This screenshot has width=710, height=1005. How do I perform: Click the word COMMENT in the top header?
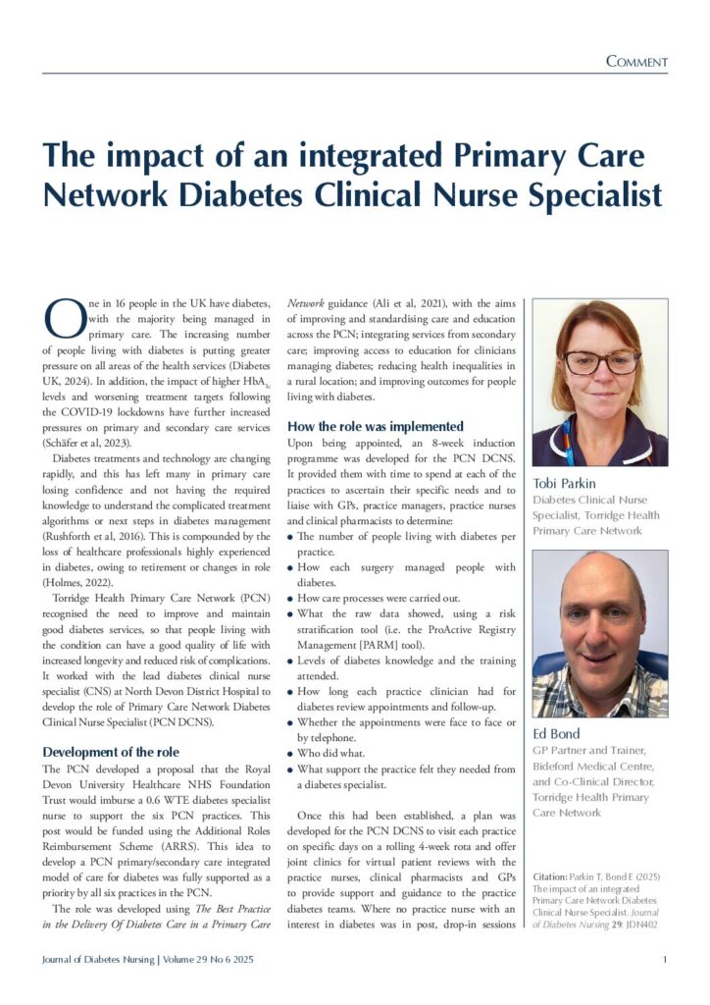click(636, 62)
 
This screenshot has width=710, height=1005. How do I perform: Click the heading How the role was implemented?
click(376, 427)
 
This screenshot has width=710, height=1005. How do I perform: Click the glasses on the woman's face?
click(600, 362)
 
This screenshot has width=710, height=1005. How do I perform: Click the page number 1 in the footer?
click(665, 959)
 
